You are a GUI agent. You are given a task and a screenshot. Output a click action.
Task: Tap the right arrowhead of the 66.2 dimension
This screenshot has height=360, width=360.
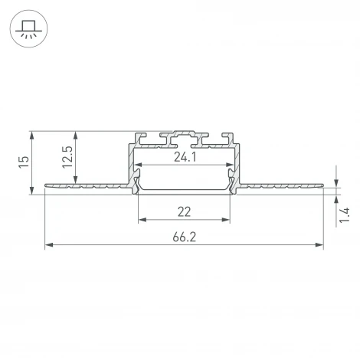coord(319,245)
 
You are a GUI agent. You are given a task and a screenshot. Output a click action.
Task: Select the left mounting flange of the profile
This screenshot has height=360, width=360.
coord(84,185)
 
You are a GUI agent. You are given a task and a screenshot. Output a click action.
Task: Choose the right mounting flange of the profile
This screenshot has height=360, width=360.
coord(283,185)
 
